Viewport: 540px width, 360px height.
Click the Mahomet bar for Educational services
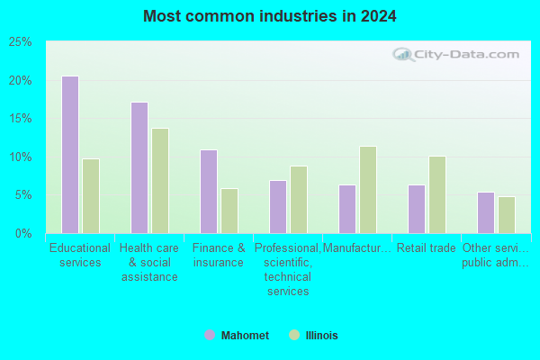pos(70,155)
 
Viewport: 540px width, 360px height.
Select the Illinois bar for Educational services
pos(91,196)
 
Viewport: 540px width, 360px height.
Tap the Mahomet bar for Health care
pos(139,167)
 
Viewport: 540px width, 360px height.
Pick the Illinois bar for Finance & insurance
pos(229,211)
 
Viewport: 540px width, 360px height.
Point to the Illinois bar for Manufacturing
pos(368,190)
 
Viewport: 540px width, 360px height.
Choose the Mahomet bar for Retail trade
pos(417,209)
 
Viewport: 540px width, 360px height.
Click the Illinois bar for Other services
pos(507,215)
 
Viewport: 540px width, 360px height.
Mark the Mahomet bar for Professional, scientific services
pos(278,207)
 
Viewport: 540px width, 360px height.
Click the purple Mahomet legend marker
pos(210,335)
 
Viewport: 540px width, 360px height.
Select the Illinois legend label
pos(321,335)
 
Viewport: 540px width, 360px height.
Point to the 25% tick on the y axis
pos(20,42)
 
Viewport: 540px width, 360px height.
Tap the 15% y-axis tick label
pos(20,119)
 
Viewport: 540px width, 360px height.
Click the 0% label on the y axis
pos(23,234)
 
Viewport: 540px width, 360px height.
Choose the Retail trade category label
pos(427,248)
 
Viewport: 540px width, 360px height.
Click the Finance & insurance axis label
pos(219,256)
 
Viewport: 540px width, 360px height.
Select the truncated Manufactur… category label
pos(356,248)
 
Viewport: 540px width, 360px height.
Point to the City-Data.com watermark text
pos(467,54)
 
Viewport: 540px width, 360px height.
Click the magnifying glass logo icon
pos(403,55)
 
